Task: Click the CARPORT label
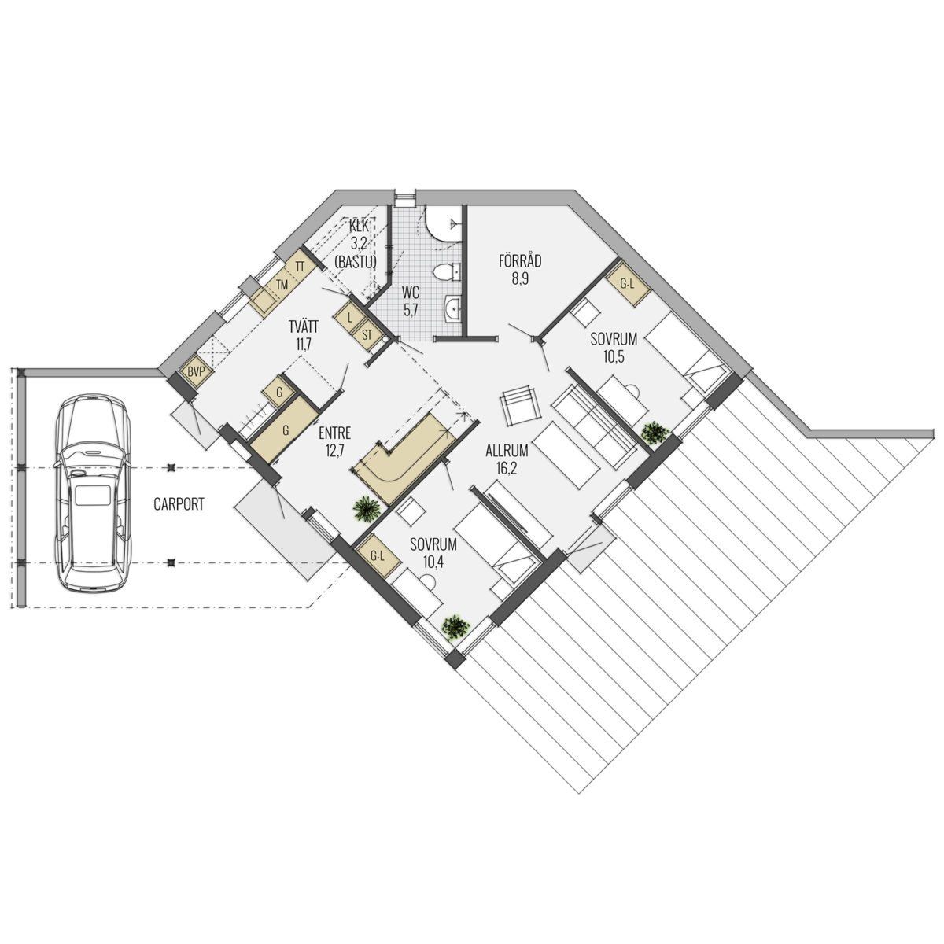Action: pyautogui.click(x=179, y=504)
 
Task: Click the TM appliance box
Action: pyautogui.click(x=281, y=285)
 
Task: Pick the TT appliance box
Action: pyautogui.click(x=300, y=267)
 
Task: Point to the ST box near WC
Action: pyautogui.click(x=367, y=336)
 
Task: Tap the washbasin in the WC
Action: pyautogui.click(x=453, y=309)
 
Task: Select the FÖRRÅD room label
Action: pyautogui.click(x=520, y=260)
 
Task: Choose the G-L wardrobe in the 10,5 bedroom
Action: pyautogui.click(x=627, y=284)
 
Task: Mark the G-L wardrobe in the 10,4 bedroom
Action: pyautogui.click(x=378, y=555)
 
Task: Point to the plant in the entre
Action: pyautogui.click(x=367, y=508)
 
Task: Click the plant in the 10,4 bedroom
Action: pyautogui.click(x=456, y=626)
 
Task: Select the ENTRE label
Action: pyautogui.click(x=334, y=433)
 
